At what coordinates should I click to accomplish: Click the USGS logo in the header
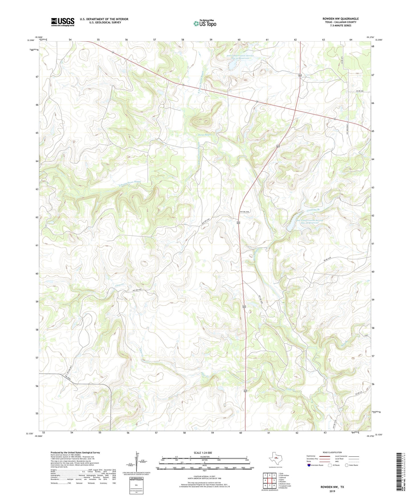click(x=62, y=22)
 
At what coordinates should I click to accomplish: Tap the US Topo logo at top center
click(x=205, y=23)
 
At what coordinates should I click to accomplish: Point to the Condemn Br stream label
click(x=313, y=210)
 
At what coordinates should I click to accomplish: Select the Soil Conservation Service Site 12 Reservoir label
click(x=310, y=221)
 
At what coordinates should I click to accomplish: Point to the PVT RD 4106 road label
click(x=244, y=211)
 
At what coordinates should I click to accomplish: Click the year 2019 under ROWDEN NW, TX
click(x=332, y=491)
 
